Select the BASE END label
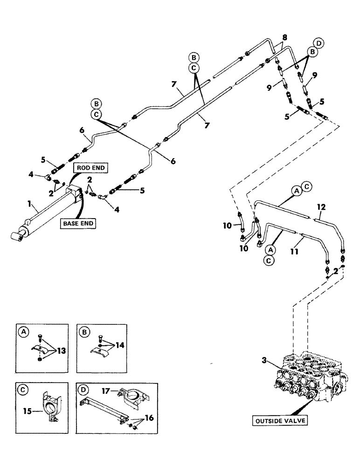(x=78, y=224)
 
